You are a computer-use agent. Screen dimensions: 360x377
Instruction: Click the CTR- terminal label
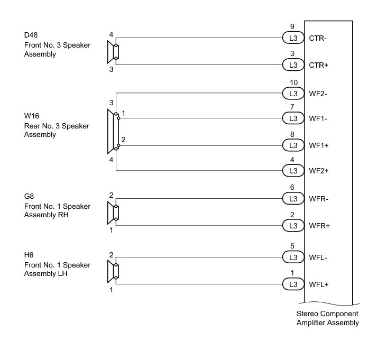[x=318, y=38]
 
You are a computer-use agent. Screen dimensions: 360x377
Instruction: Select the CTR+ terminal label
[x=318, y=65]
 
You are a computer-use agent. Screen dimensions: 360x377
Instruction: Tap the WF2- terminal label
[x=319, y=94]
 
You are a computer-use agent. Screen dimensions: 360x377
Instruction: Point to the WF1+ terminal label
[x=319, y=145]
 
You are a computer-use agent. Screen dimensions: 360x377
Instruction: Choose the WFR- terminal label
[x=319, y=199]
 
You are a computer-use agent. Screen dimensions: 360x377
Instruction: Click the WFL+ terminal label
[x=319, y=284]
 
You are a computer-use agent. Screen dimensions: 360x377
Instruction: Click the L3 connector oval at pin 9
[x=292, y=38]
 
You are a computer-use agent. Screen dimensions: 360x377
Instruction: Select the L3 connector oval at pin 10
[x=292, y=94]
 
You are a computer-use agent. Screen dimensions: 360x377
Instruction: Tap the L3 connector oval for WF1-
[x=292, y=118]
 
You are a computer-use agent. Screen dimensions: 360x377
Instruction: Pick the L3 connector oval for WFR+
[x=292, y=226]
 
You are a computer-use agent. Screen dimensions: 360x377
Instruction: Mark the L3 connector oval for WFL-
[x=292, y=257]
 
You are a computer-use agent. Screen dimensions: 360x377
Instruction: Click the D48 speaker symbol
[x=113, y=52]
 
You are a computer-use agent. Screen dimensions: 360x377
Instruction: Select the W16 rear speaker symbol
[x=113, y=132]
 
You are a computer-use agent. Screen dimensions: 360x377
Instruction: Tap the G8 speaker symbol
[x=113, y=213]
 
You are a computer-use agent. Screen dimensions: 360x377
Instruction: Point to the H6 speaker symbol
[x=113, y=271]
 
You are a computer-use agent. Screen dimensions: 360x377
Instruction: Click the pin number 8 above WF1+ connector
[x=292, y=134]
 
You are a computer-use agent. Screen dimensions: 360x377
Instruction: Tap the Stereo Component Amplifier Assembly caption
[x=328, y=318]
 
